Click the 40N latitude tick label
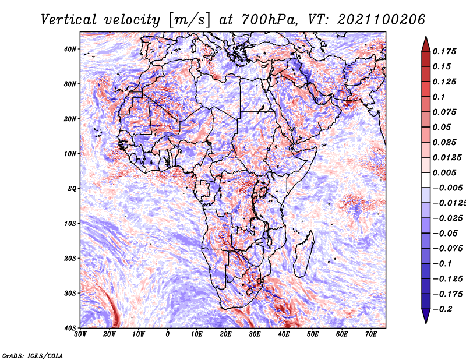coord(69,49)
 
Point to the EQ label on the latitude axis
coord(72,189)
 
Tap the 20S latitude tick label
coord(70,258)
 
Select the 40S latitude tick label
coord(70,328)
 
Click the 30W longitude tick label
coord(80,334)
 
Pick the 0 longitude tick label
coord(168,334)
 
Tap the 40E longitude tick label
coord(284,334)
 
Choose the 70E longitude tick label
coord(371,334)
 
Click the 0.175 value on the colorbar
coord(444,51)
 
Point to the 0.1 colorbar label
coord(439,97)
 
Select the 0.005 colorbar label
coord(444,172)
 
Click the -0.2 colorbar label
coord(442,309)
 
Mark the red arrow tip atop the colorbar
coord(426,37)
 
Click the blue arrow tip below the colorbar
coord(426,323)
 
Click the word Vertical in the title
coord(68,20)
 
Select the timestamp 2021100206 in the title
coord(381,20)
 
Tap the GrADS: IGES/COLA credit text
coord(33,355)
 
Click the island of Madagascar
coord(303,254)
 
